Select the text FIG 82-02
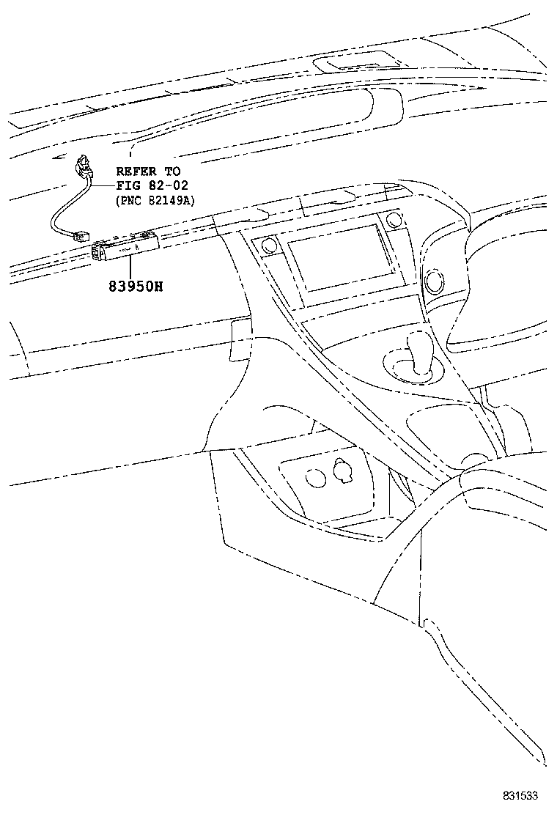[x=152, y=186]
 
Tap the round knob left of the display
[x=268, y=246]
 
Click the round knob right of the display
[x=394, y=219]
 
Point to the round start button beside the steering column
[x=437, y=279]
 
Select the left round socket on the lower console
[x=316, y=477]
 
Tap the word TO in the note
[x=171, y=172]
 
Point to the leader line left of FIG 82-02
[x=103, y=186]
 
